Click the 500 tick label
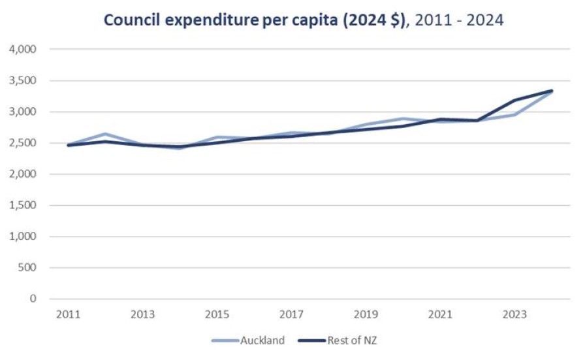[29, 268]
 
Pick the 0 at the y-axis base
[33, 299]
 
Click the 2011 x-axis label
[68, 314]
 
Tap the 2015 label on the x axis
[217, 314]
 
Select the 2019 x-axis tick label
[366, 314]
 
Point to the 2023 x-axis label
[514, 314]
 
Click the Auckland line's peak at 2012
[105, 134]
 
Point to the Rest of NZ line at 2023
[514, 101]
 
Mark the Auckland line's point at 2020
[403, 119]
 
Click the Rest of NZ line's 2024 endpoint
[552, 91]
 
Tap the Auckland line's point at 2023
[514, 115]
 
